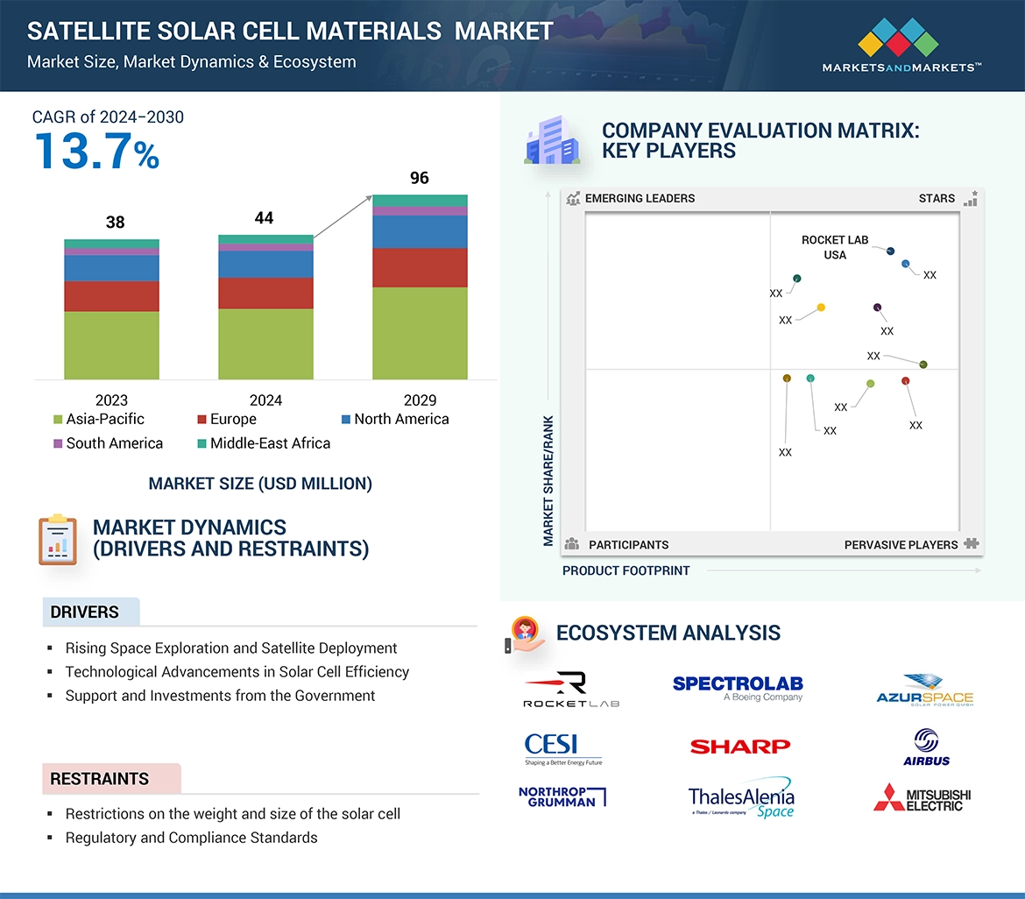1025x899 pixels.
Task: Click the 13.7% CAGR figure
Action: tap(96, 151)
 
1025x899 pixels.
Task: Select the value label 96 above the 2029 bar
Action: tap(420, 178)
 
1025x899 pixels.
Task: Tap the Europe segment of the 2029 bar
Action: tap(420, 267)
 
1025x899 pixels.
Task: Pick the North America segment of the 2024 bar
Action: tap(265, 264)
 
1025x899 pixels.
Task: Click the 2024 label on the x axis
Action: tap(265, 400)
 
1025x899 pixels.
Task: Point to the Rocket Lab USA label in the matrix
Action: tap(835, 247)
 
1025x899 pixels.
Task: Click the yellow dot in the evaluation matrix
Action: tap(821, 308)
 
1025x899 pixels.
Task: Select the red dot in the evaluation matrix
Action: tap(906, 381)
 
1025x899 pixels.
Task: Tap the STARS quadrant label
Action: tap(937, 198)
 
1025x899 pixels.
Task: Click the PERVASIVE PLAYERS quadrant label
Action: tap(901, 545)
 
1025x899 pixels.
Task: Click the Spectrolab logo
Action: tap(738, 688)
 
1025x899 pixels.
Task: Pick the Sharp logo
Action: tap(739, 747)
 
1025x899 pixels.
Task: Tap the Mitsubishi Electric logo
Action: tap(922, 798)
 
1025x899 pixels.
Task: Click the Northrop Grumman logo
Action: tap(562, 796)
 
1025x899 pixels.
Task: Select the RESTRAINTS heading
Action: tap(100, 779)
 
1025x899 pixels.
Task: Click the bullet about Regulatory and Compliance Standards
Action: tap(191, 838)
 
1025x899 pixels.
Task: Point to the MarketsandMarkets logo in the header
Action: tap(900, 48)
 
